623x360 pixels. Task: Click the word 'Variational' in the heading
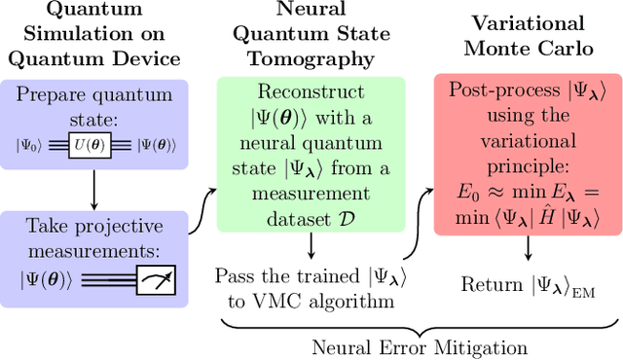click(529, 23)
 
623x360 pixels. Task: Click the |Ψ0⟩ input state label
click(32, 146)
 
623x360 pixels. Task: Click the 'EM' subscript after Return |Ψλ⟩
click(583, 290)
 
